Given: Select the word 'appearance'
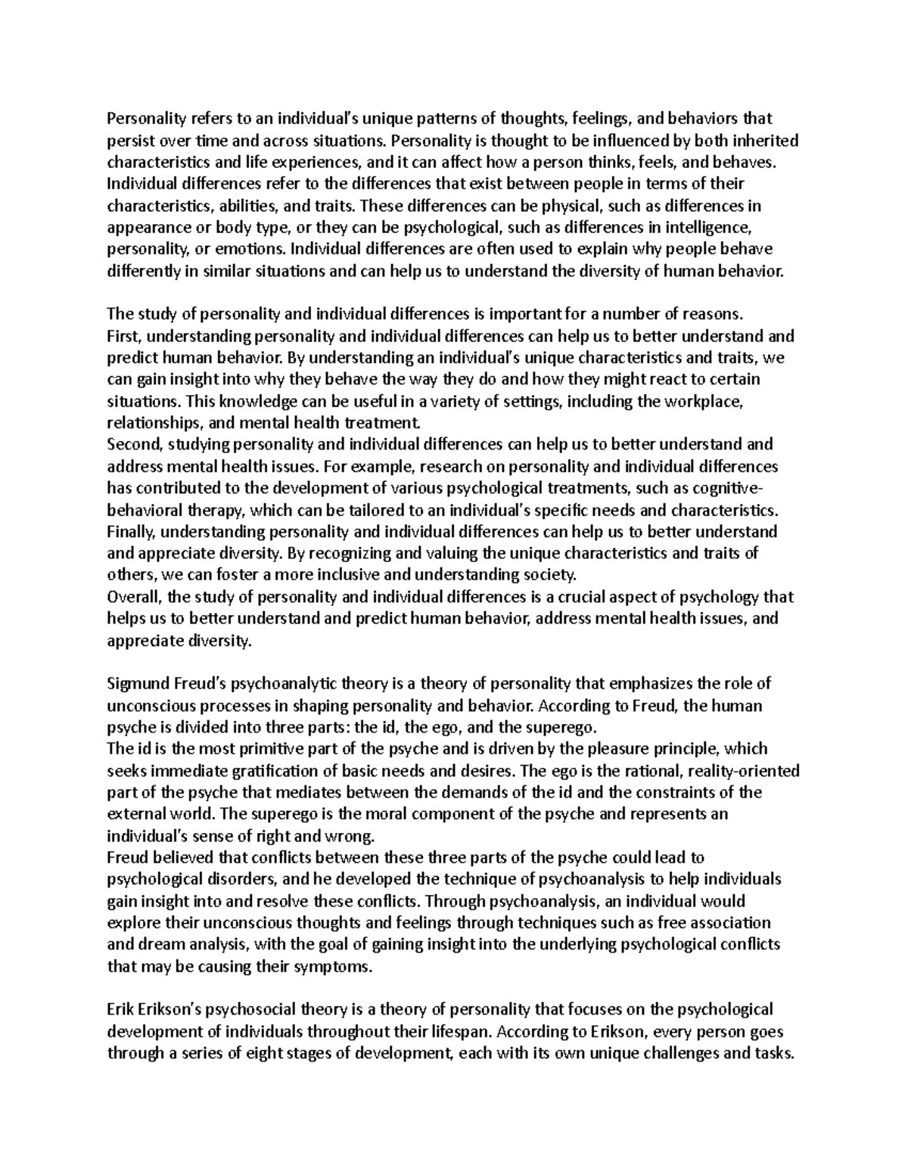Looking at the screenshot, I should pos(141,227).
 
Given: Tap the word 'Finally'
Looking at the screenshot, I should pos(131,531).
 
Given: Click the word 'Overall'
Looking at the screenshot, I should pos(132,597).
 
